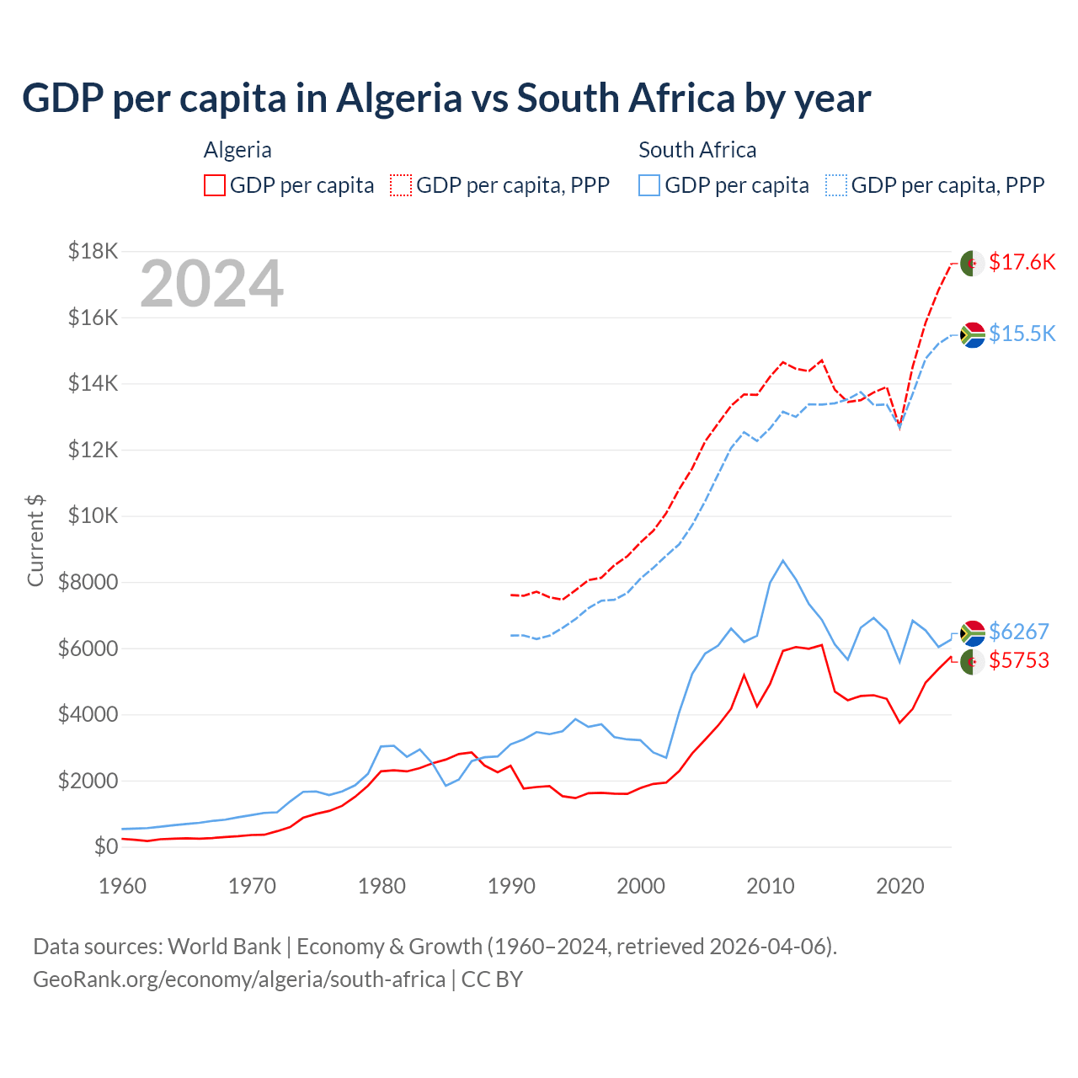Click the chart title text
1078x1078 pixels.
(x=446, y=99)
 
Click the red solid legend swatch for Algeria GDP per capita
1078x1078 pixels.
(x=215, y=185)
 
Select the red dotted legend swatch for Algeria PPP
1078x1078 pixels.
(x=401, y=185)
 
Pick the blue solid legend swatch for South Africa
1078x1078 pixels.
(x=649, y=185)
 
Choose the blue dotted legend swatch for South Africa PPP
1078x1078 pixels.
(x=836, y=185)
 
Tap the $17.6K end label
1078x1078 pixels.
(x=1022, y=262)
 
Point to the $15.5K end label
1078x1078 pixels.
(x=1022, y=334)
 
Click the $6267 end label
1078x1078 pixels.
(x=1018, y=632)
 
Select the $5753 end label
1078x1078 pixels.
(x=1018, y=660)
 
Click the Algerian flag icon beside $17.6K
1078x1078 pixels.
(x=972, y=263)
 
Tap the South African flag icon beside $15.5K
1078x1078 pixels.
(x=972, y=334)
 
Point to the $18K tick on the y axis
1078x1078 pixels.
(x=93, y=251)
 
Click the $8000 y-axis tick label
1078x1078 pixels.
(x=88, y=582)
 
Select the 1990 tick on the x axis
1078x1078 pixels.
(x=511, y=886)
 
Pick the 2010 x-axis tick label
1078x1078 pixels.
(x=771, y=886)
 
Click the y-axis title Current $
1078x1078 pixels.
(x=35, y=541)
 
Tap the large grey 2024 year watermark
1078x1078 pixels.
(x=211, y=285)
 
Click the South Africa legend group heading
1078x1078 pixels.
(x=697, y=150)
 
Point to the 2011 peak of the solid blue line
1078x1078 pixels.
(x=783, y=561)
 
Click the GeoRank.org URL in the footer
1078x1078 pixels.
(x=239, y=979)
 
